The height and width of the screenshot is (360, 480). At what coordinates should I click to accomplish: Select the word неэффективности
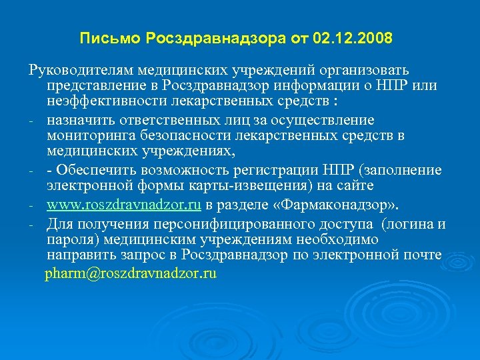tap(99, 103)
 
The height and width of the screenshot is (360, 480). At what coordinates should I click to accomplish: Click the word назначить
tap(76, 120)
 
